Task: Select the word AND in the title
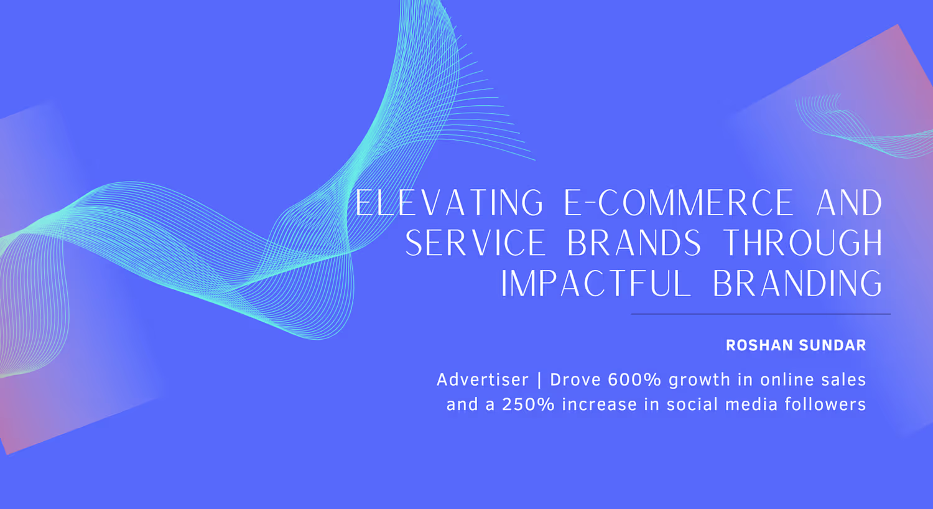(849, 202)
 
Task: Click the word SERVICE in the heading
(475, 243)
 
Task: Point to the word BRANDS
(634, 243)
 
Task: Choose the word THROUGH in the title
(802, 243)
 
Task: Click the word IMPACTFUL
(595, 283)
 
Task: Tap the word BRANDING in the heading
(797, 283)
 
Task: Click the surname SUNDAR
(833, 345)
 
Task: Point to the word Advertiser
(483, 380)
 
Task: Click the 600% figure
(634, 380)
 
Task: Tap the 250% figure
(528, 404)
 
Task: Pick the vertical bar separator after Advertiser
(540, 380)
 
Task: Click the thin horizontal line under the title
(761, 314)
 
